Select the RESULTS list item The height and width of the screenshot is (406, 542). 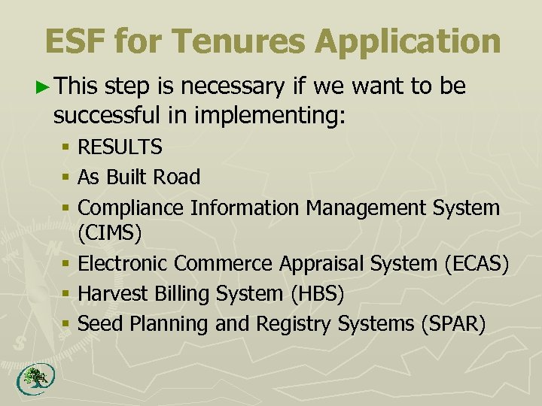click(x=120, y=147)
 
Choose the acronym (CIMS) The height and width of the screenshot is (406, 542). click(x=110, y=234)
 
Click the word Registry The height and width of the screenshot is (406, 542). click(x=294, y=324)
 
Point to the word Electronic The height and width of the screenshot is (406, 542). click(x=123, y=264)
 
